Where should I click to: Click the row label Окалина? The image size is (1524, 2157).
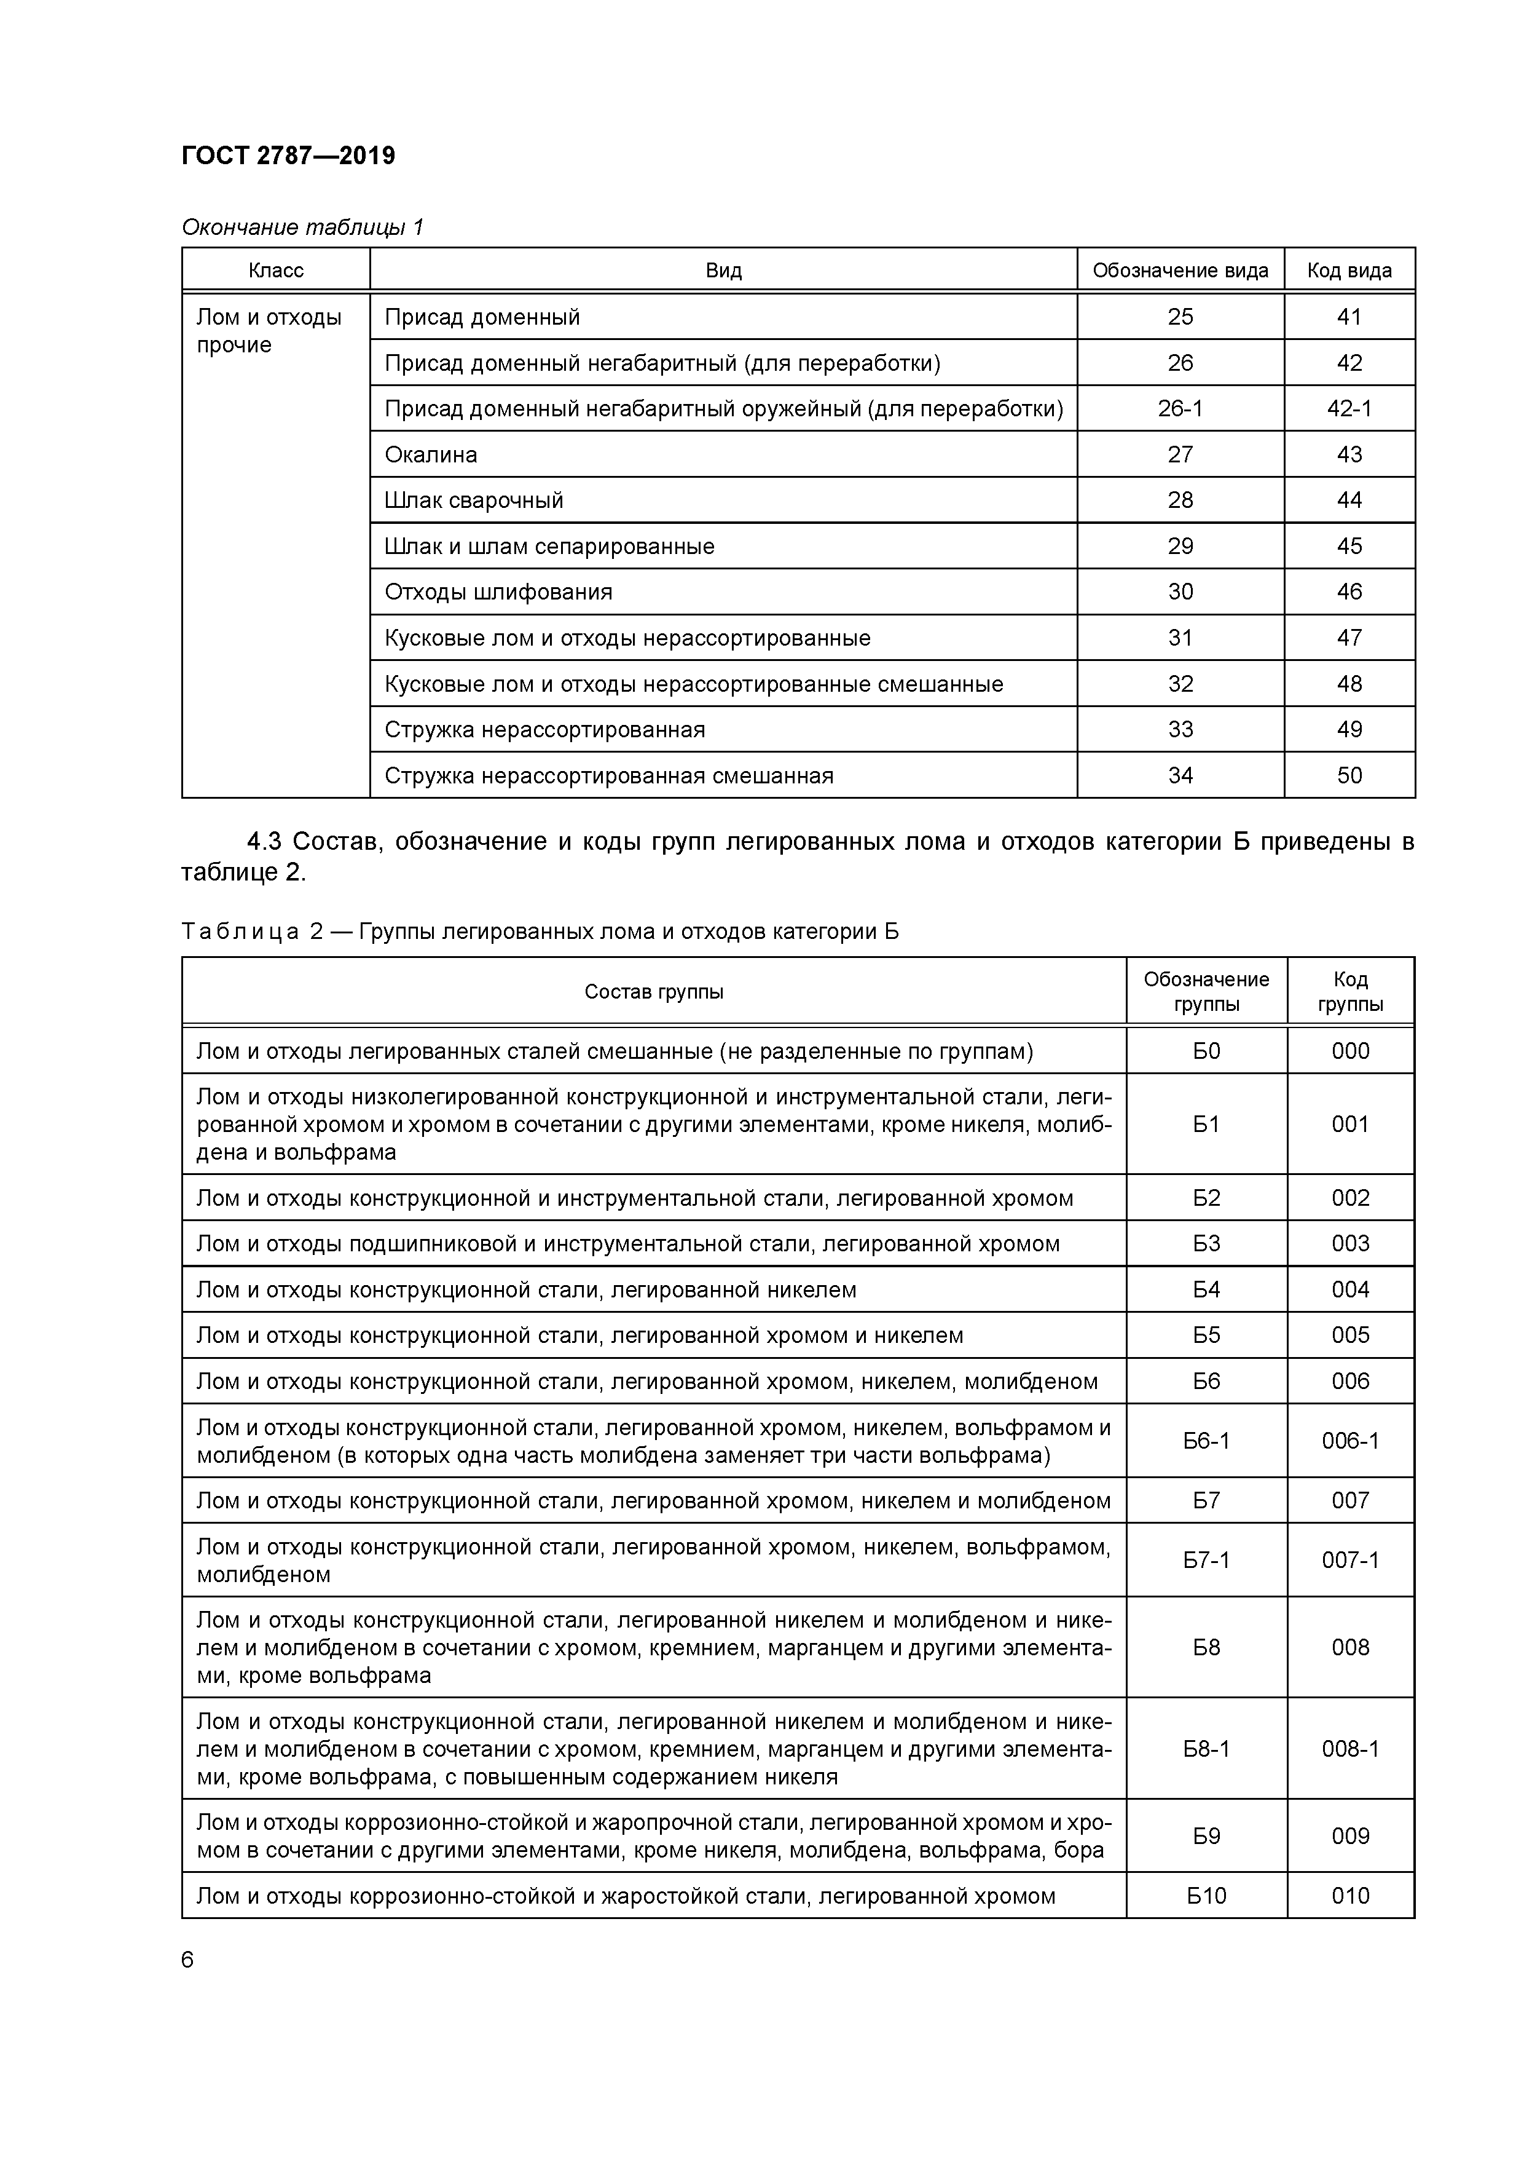[431, 454]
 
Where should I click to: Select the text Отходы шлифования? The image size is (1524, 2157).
[498, 592]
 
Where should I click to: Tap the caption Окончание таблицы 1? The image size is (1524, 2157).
[302, 228]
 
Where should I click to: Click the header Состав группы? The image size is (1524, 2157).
[654, 992]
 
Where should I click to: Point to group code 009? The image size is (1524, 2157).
[1349, 1835]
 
